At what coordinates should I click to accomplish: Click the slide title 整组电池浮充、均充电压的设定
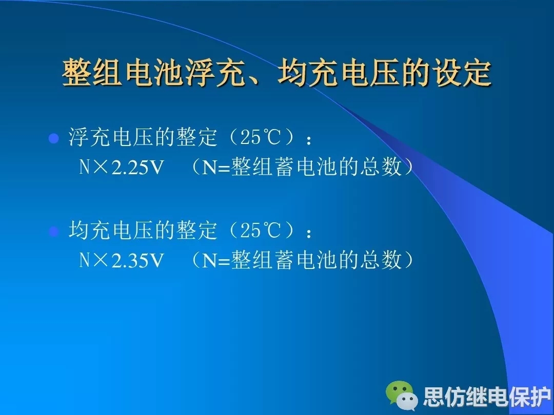tap(277, 73)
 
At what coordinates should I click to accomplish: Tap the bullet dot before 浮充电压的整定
tap(53, 138)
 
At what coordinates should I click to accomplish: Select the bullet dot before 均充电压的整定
tap(53, 232)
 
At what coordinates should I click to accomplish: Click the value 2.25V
tap(138, 167)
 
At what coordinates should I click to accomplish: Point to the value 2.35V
tap(138, 261)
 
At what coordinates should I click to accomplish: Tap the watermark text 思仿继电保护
tap(487, 397)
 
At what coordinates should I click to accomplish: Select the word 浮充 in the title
tap(216, 73)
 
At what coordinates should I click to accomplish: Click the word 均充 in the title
tap(308, 73)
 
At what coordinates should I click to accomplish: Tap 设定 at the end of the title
tap(463, 73)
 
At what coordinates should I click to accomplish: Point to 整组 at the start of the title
tap(92, 73)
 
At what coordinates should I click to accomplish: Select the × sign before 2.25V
tap(101, 167)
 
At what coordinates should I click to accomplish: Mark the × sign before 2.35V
tap(101, 260)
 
